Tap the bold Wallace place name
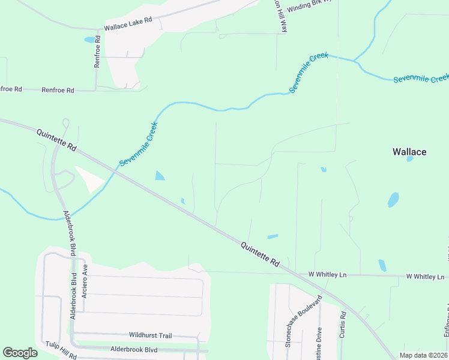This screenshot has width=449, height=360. (409, 152)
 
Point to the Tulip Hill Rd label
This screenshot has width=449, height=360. (61, 352)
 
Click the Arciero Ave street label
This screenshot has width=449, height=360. (85, 280)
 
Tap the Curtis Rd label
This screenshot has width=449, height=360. (342, 324)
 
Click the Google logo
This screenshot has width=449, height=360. (20, 353)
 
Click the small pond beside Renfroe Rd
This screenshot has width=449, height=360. (89, 40)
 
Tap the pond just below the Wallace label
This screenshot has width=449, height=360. (410, 160)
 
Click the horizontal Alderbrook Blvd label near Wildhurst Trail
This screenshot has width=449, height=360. (133, 349)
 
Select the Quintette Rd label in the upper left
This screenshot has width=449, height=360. (57, 140)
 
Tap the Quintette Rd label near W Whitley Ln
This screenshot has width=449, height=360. (261, 254)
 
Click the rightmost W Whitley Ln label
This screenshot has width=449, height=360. (426, 277)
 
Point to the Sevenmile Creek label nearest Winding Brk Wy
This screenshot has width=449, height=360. (309, 73)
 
